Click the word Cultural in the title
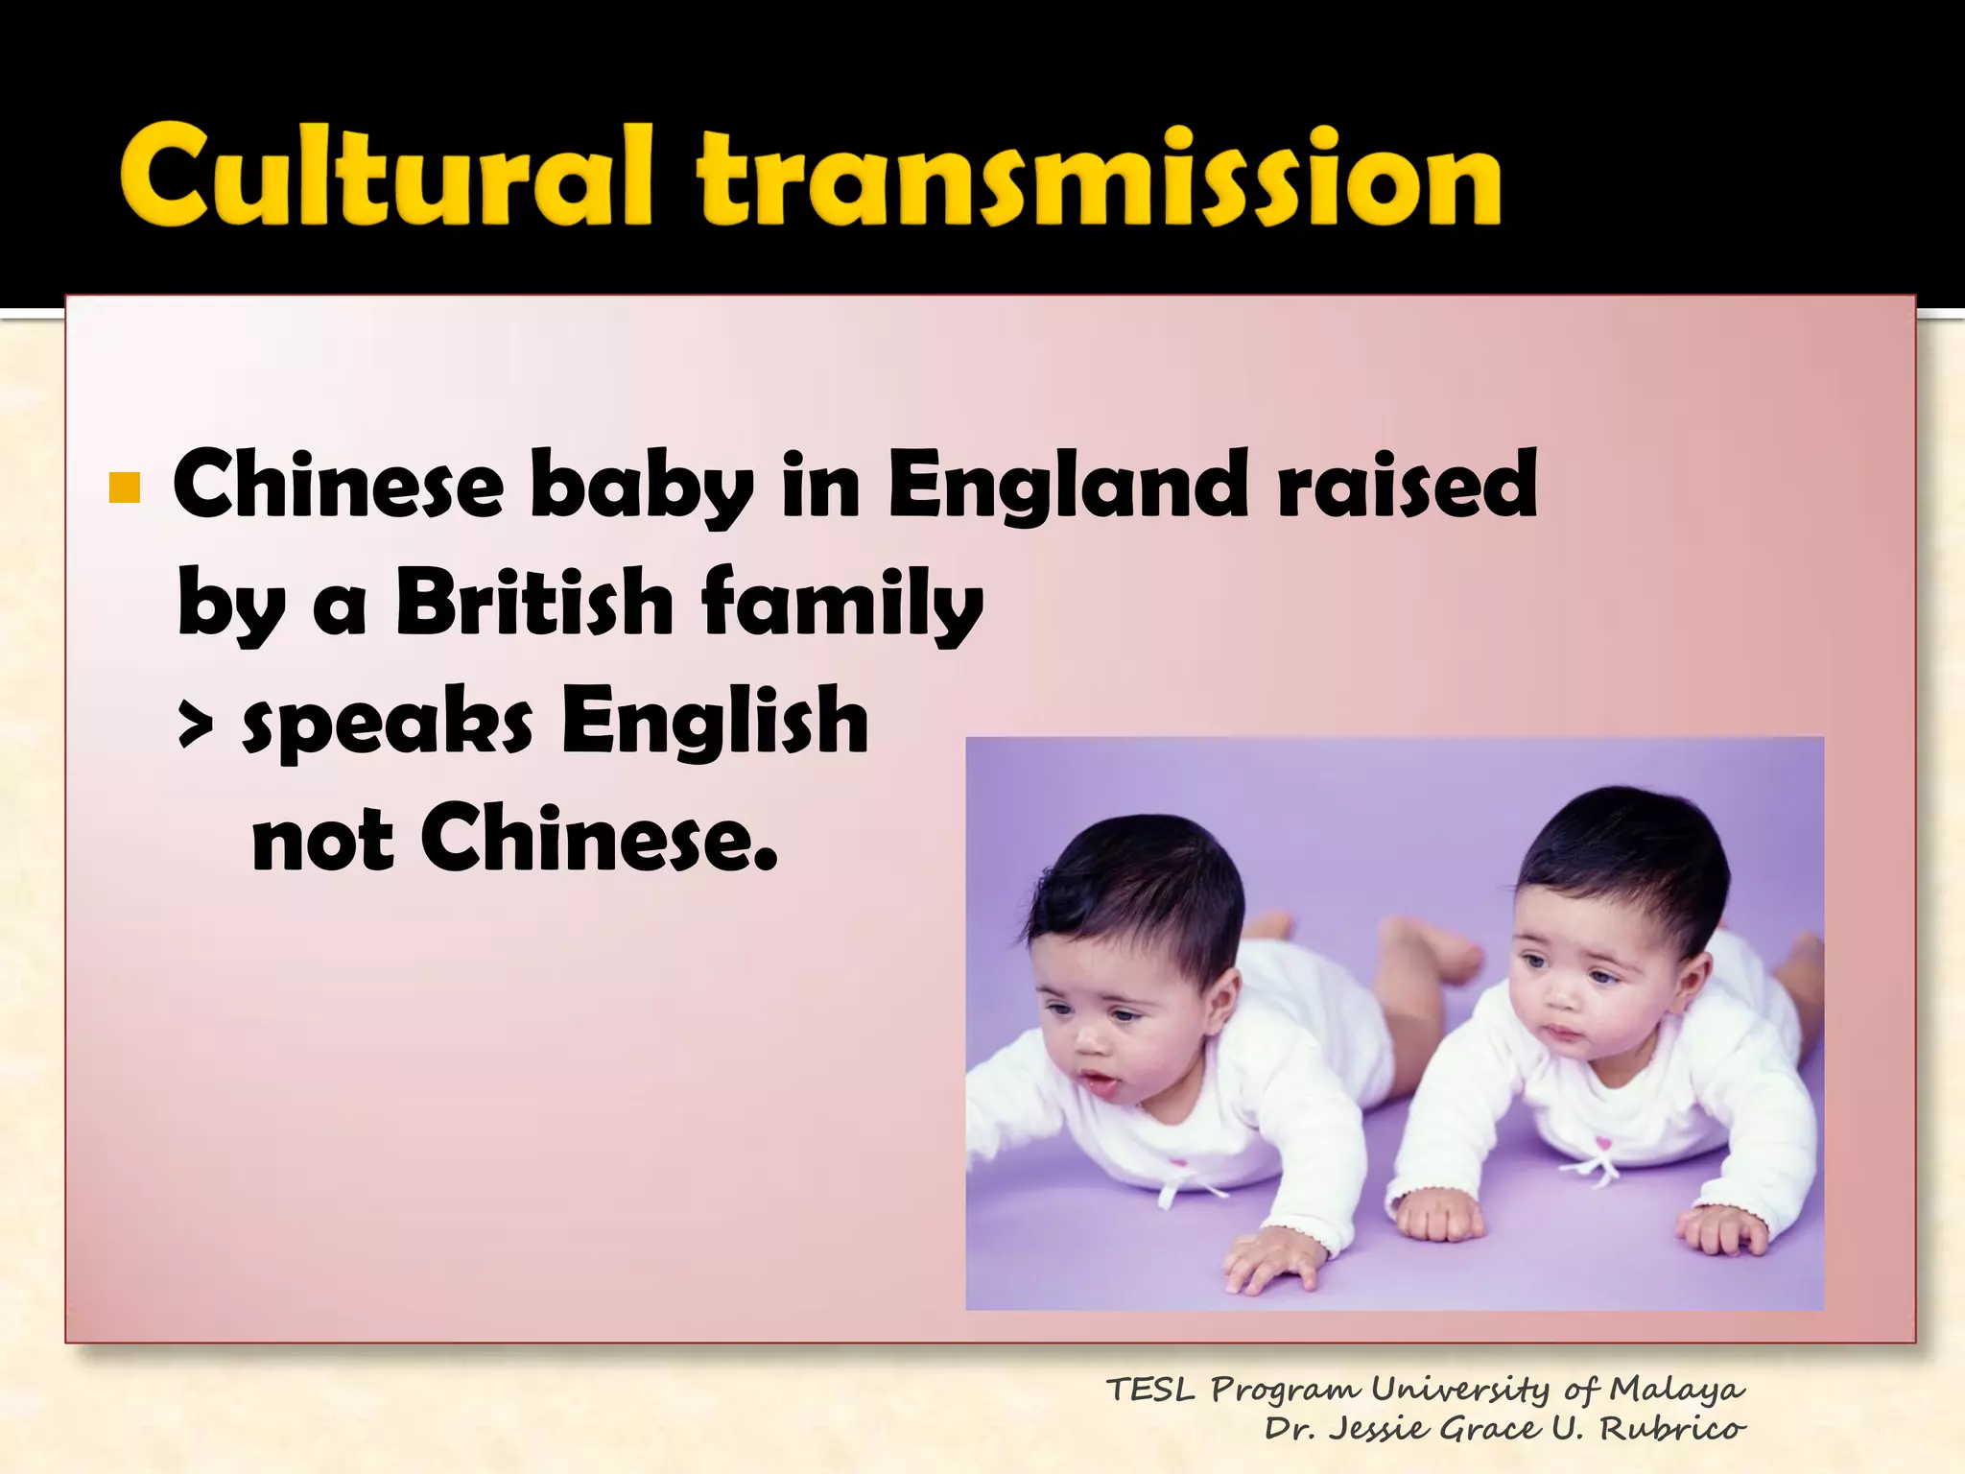[x=384, y=178]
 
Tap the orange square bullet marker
[x=125, y=488]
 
